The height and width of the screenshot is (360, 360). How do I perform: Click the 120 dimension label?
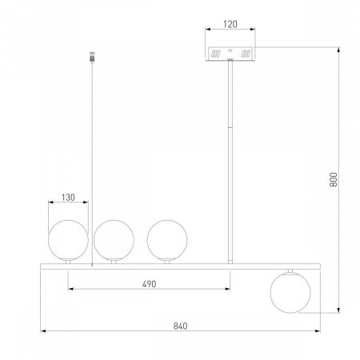[x=230, y=24]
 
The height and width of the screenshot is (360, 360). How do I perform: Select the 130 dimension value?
[x=68, y=198]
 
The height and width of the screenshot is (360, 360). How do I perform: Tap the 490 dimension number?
[x=149, y=284]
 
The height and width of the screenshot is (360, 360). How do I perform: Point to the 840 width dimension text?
[x=180, y=326]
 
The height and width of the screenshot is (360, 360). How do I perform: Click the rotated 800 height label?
[x=334, y=179]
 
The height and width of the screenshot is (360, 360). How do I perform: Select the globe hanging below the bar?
[x=290, y=293]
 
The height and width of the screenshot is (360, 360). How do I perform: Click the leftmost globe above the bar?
[x=68, y=240]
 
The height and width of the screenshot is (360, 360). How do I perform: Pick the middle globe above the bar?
[x=114, y=240]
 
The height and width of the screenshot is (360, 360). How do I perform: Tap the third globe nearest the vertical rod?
[x=167, y=240]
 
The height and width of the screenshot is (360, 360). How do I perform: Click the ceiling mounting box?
[x=230, y=54]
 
